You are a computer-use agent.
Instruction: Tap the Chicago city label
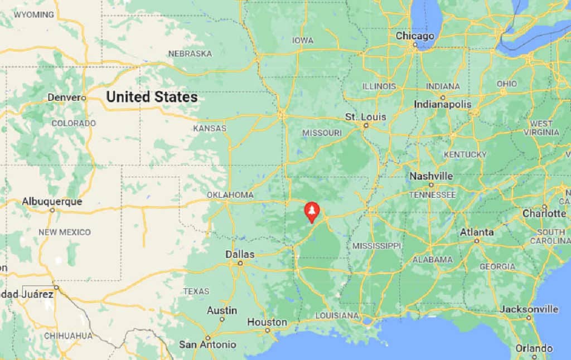(x=415, y=36)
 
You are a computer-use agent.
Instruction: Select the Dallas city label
(x=240, y=254)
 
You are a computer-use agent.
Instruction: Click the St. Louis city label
(x=365, y=117)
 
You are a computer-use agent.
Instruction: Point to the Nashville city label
(x=431, y=176)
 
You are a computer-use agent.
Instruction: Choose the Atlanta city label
(x=477, y=232)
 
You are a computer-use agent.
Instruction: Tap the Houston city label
(x=267, y=322)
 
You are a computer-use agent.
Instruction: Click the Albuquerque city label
(x=52, y=201)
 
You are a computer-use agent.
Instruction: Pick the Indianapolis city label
(x=442, y=104)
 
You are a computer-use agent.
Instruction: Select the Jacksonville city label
(x=529, y=309)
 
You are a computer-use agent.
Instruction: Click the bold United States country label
(x=152, y=97)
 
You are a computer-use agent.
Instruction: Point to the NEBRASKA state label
(x=190, y=53)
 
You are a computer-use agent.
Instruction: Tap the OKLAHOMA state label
(x=230, y=195)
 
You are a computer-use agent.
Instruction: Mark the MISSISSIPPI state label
(x=376, y=246)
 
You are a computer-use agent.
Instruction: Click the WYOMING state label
(x=33, y=14)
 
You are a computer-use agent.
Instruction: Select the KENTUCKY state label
(x=465, y=154)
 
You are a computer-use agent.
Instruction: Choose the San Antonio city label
(x=207, y=344)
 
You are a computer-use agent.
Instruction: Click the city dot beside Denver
(x=84, y=98)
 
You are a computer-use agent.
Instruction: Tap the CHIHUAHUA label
(x=68, y=335)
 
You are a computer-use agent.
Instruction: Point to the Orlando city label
(x=534, y=348)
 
